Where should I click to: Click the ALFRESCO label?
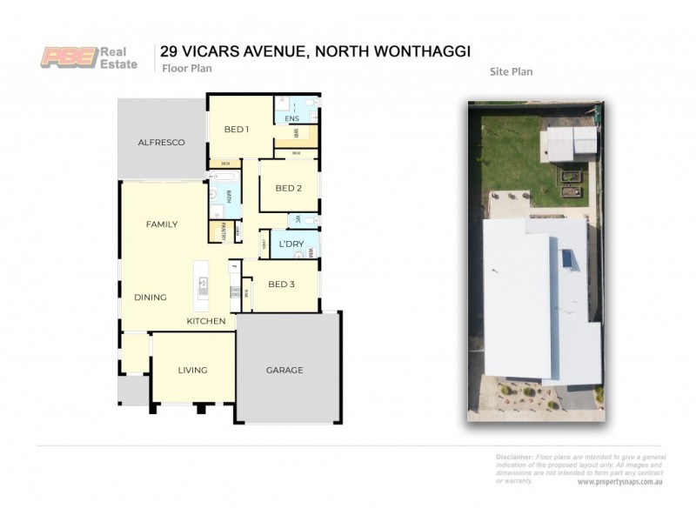[162, 142]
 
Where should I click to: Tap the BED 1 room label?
[237, 130]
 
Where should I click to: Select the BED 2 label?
[288, 188]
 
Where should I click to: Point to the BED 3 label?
[280, 284]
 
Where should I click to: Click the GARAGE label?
[284, 370]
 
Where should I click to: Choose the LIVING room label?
[192, 370]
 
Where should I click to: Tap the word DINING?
[150, 298]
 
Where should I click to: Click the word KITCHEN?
[206, 321]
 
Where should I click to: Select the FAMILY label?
[161, 224]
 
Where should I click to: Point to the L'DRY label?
[290, 244]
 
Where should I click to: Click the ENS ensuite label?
[291, 118]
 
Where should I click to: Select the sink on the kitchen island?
[203, 282]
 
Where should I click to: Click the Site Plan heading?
[512, 72]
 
